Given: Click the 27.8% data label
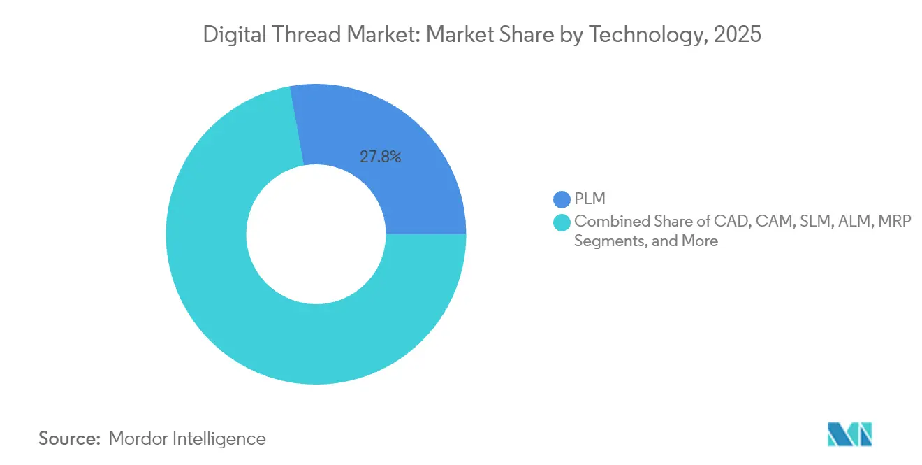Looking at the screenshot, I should pyautogui.click(x=380, y=157).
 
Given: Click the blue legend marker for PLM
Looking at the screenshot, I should pyautogui.click(x=561, y=200).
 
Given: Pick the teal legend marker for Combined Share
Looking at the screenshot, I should pyautogui.click(x=561, y=222).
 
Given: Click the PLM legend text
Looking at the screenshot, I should pyautogui.click(x=590, y=200).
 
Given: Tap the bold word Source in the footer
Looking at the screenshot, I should pyautogui.click(x=69, y=438).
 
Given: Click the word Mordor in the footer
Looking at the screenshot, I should pyautogui.click(x=137, y=438).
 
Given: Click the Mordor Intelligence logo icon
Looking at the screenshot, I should pyautogui.click(x=850, y=434).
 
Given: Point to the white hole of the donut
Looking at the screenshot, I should pyautogui.click(x=316, y=234).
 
